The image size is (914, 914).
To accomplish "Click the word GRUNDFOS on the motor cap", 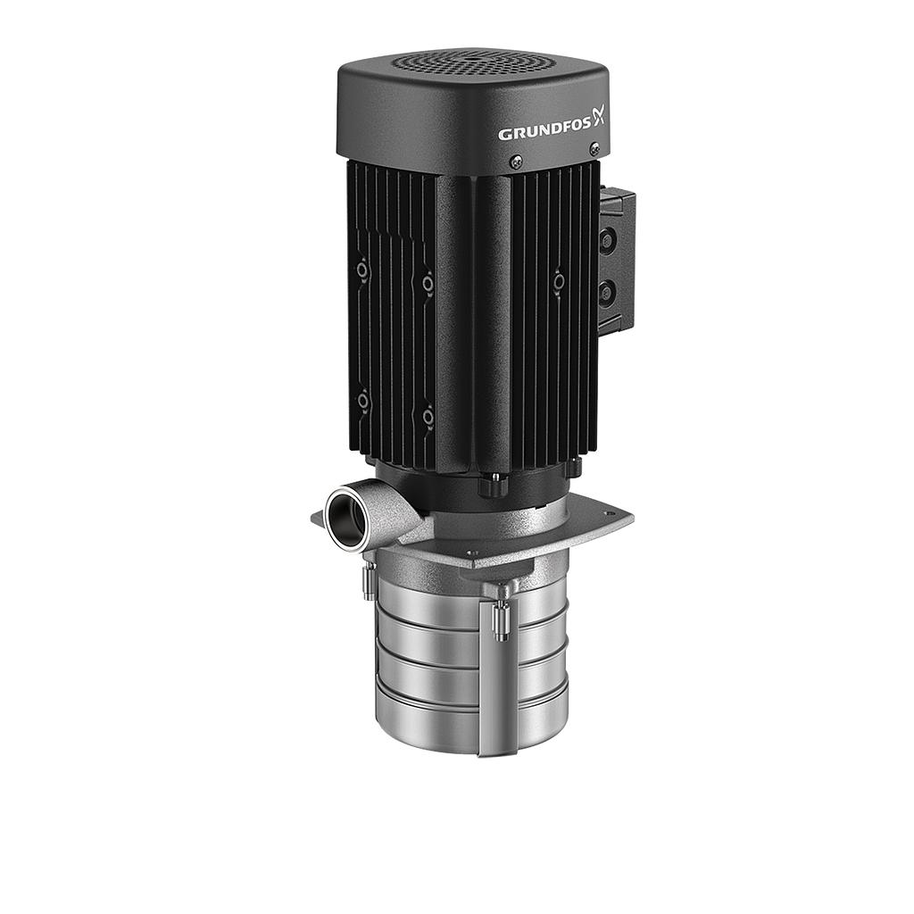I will point(544,133).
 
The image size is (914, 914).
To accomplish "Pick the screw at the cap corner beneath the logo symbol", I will point(594,150).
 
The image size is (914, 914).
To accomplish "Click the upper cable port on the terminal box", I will point(607,242).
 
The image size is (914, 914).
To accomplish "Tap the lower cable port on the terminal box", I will point(607,291).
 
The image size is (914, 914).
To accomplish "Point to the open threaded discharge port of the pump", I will point(346,519).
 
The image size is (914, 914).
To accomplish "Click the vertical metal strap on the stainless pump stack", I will point(487,678).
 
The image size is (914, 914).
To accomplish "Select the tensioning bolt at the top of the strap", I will point(502,616).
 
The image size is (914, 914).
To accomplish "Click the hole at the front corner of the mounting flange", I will point(472,554).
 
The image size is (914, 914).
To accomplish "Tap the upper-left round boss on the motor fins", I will point(362,270).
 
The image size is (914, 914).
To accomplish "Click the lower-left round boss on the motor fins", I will point(363,401).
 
